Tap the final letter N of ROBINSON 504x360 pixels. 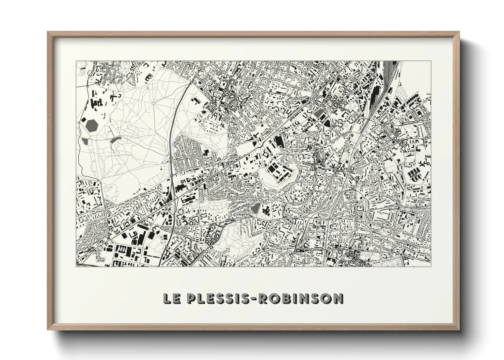pyautogui.click(x=338, y=298)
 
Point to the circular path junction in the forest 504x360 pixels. pyautogui.click(x=153, y=103)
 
